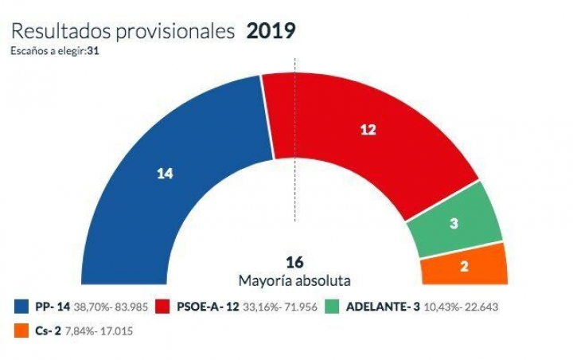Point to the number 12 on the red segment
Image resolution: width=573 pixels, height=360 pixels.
(x=367, y=131)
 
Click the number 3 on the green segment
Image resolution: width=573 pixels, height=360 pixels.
(x=454, y=225)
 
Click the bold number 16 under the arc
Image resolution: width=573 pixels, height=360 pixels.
(x=295, y=262)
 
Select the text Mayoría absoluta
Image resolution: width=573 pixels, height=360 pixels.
(x=295, y=280)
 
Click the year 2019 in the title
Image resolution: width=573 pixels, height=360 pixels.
(x=271, y=31)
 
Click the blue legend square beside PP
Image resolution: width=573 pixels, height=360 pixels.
(x=20, y=306)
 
